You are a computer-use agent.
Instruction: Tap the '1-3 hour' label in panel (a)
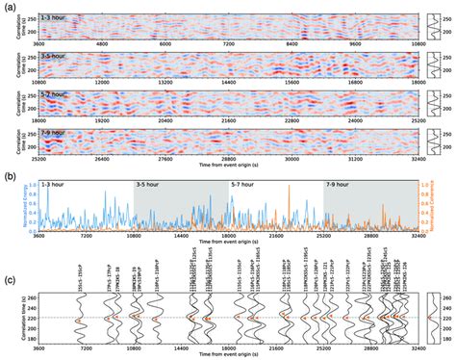pyautogui.click(x=52, y=15)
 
